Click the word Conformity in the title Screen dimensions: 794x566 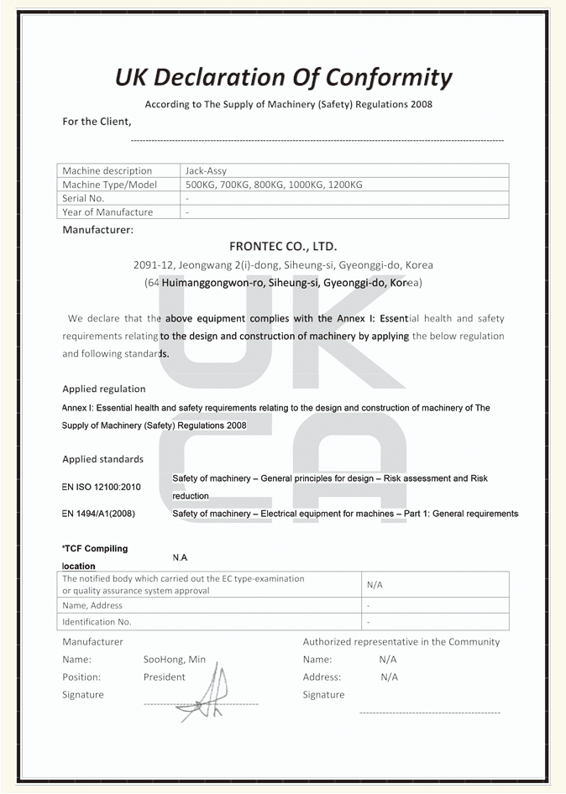click(x=389, y=78)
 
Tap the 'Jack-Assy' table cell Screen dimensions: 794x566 click(x=206, y=170)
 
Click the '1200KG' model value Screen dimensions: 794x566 click(x=344, y=185)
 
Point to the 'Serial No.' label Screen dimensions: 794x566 click(x=83, y=198)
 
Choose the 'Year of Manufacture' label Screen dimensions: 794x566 click(x=107, y=212)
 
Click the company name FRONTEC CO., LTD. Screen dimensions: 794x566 click(x=283, y=247)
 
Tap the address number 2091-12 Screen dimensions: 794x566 click(x=154, y=265)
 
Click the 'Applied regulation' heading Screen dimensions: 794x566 click(x=104, y=389)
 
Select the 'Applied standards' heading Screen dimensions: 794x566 click(x=102, y=459)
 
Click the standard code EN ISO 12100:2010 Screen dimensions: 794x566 click(x=101, y=487)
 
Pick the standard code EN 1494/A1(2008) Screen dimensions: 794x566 click(x=98, y=514)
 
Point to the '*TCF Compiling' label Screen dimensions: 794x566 click(x=95, y=549)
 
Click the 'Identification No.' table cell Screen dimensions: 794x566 click(x=97, y=622)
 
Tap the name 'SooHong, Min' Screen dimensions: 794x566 click(x=174, y=660)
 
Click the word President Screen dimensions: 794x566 click(x=164, y=677)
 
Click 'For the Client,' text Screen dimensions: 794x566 click(x=97, y=122)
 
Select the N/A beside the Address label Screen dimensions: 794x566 click(x=389, y=677)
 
